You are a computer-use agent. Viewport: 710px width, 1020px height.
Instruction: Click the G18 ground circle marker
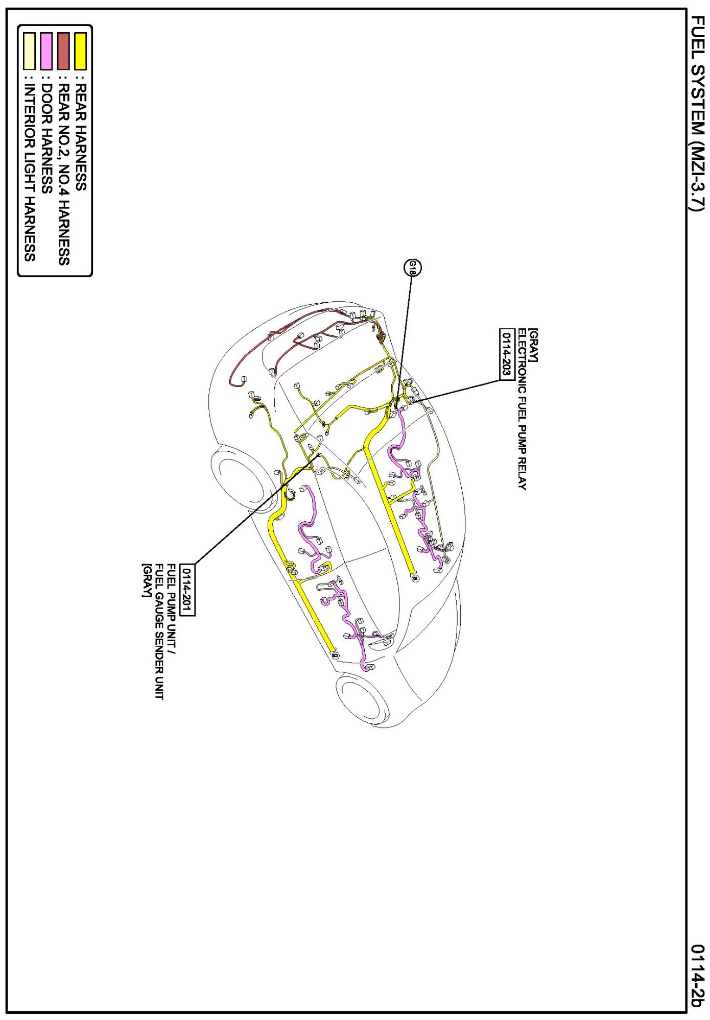pos(413,268)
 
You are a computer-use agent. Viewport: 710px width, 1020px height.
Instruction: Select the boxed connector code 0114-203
pos(506,354)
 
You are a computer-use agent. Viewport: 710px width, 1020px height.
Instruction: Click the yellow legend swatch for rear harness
pos(80,51)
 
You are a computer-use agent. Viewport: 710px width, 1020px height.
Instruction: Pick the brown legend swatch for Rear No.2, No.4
pos(63,51)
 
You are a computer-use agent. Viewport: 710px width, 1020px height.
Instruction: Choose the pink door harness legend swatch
pos(46,51)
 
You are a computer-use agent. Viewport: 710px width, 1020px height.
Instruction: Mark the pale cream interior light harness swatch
pos(30,51)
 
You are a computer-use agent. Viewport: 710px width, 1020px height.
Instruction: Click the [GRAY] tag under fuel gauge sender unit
pos(147,580)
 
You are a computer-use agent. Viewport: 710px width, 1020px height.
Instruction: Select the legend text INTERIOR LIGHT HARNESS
pos(30,173)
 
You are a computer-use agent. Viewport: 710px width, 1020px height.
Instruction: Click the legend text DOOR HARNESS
pos(46,138)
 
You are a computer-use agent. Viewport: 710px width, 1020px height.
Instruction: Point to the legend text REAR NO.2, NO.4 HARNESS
pos(63,174)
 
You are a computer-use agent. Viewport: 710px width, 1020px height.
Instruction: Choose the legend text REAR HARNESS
pos(81,137)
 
